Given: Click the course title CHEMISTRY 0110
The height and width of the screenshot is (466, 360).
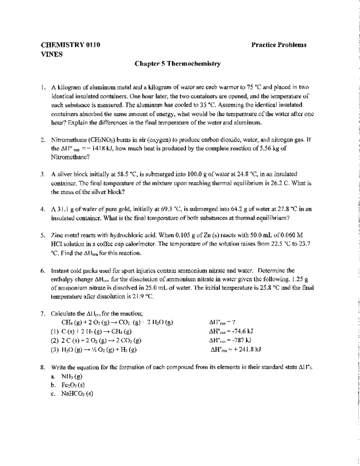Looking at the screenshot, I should tap(70, 45).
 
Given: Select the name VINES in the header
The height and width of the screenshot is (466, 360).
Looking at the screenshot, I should tap(52, 55).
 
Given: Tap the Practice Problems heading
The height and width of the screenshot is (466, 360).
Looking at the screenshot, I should tap(279, 45).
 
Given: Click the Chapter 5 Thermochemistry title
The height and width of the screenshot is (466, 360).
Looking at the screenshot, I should tap(178, 64).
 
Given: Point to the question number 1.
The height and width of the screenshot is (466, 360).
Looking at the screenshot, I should tap(43, 88).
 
